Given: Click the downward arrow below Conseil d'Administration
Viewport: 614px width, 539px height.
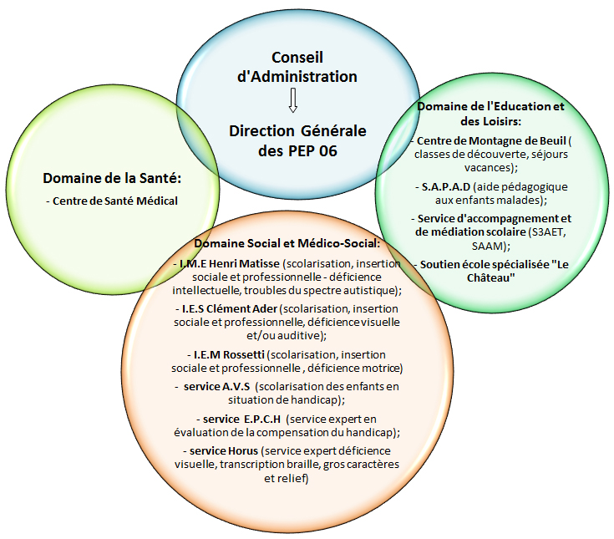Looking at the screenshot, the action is pyautogui.click(x=293, y=101).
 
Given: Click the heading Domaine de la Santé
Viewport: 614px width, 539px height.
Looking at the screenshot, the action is pyautogui.click(x=112, y=178).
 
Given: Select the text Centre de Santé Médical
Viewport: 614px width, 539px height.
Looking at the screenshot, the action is pyautogui.click(x=115, y=201).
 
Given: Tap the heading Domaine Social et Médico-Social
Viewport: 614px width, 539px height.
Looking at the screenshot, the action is pyautogui.click(x=287, y=244).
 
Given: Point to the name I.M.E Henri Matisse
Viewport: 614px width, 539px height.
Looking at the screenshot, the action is pyautogui.click(x=230, y=263).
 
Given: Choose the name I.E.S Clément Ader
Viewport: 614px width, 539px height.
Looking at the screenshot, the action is pyautogui.click(x=230, y=308).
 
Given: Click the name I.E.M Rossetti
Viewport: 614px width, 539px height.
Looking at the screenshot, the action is pyautogui.click(x=229, y=355).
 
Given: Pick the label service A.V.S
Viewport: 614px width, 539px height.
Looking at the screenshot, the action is pyautogui.click(x=216, y=387).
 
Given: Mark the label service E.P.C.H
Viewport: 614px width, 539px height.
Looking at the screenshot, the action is pyautogui.click(x=241, y=420).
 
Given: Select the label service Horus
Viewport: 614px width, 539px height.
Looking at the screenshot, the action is pyautogui.click(x=224, y=451).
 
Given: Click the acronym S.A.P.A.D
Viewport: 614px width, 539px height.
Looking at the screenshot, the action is pyautogui.click(x=445, y=187).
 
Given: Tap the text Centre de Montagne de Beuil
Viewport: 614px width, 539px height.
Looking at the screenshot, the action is pyautogui.click(x=491, y=140).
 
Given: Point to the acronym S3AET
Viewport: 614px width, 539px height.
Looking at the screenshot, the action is pyautogui.click(x=546, y=232).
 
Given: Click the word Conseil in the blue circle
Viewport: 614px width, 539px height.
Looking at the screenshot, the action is pyautogui.click(x=297, y=58).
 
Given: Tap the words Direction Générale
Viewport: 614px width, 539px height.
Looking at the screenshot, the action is pyautogui.click(x=297, y=131).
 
